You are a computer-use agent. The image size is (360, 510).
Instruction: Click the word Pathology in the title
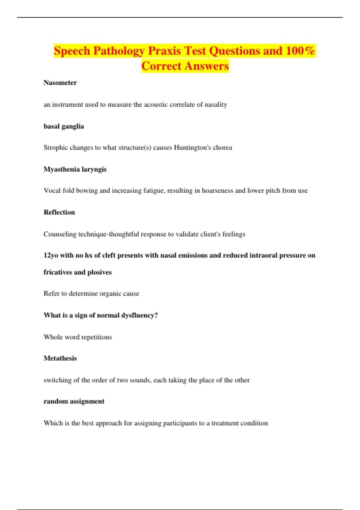click(x=119, y=51)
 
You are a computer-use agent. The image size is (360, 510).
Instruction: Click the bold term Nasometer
click(x=60, y=83)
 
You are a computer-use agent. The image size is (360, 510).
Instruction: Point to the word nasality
click(x=216, y=105)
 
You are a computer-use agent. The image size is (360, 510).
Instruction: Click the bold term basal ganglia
click(x=64, y=126)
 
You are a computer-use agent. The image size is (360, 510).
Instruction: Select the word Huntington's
click(x=192, y=148)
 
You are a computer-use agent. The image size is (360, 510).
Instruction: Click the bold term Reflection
click(x=59, y=212)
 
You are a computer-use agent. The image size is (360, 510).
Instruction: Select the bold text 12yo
click(x=51, y=256)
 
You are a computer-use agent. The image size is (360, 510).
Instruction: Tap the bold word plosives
click(x=99, y=272)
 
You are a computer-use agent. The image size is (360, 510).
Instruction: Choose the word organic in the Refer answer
click(x=109, y=293)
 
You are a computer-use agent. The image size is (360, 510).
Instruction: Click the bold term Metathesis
click(x=60, y=358)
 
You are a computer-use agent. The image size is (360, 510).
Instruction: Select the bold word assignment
click(x=87, y=401)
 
